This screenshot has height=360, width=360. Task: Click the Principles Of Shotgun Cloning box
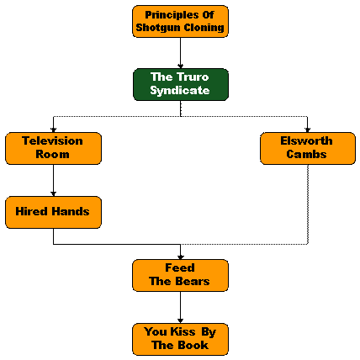click(180, 21)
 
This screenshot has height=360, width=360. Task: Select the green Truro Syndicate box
click(181, 84)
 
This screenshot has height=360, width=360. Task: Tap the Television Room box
click(53, 148)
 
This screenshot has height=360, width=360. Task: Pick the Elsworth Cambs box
click(308, 148)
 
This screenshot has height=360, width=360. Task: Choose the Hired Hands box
click(53, 212)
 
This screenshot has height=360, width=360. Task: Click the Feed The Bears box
click(180, 275)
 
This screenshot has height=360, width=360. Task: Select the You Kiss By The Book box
click(180, 339)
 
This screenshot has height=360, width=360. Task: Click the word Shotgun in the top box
click(159, 28)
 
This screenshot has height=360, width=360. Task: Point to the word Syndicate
click(180, 91)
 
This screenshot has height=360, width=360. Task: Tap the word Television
click(52, 140)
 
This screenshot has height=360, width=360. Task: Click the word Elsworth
click(306, 140)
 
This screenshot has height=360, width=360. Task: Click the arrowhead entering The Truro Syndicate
click(181, 66)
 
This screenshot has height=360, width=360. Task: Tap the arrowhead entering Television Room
click(53, 130)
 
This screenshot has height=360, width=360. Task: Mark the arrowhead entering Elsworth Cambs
click(308, 130)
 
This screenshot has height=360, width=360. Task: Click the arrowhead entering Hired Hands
click(53, 194)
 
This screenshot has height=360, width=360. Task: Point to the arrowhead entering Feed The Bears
click(181, 257)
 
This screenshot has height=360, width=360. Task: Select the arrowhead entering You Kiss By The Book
click(181, 321)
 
